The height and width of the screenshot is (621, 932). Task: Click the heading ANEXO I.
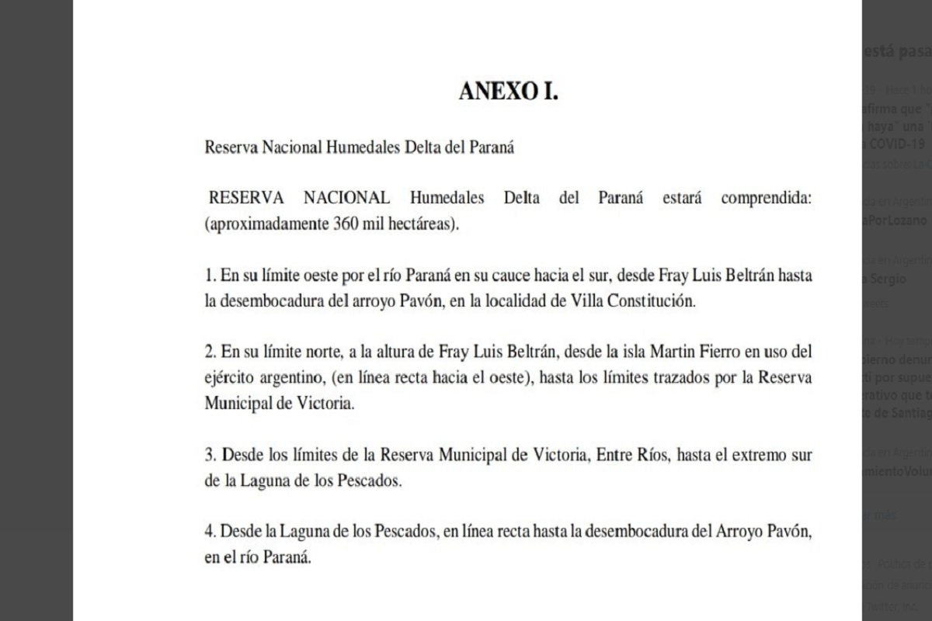pyautogui.click(x=509, y=91)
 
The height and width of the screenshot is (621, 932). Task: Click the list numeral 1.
pyautogui.click(x=209, y=276)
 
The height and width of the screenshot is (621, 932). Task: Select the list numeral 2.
pyautogui.click(x=209, y=352)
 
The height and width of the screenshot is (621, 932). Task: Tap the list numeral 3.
pyautogui.click(x=209, y=454)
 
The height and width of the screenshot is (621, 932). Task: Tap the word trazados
pyautogui.click(x=669, y=379)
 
